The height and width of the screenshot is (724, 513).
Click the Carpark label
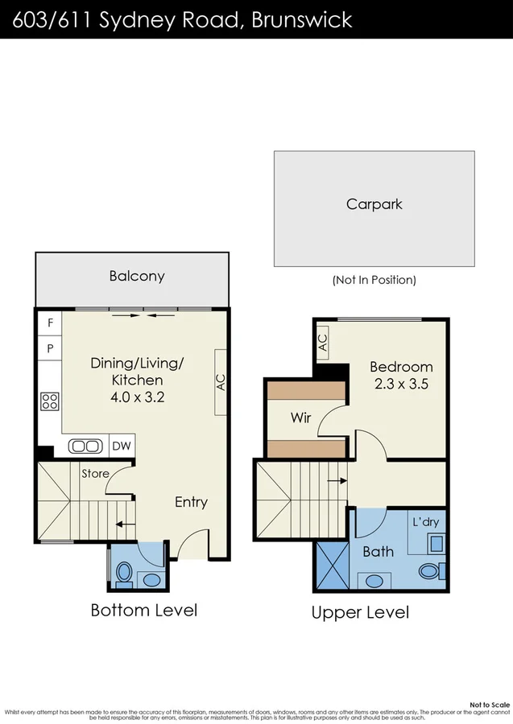click(374, 204)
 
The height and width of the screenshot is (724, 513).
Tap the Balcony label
click(137, 276)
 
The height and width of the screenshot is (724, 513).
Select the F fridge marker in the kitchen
click(50, 323)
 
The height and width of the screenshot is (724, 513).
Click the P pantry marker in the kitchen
click(50, 348)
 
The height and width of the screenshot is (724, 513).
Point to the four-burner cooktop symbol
click(50, 400)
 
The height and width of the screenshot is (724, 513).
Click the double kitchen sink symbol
click(85, 446)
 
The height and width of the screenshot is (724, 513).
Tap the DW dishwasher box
click(120, 446)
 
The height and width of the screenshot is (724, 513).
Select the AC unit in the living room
click(221, 382)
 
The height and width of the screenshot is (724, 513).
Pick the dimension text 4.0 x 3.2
click(138, 397)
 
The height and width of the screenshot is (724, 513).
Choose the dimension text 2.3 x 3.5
click(401, 384)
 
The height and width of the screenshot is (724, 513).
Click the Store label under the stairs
click(95, 474)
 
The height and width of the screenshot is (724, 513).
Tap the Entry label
click(191, 502)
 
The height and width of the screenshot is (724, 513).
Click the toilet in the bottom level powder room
click(124, 574)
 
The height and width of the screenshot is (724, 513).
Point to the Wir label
click(301, 418)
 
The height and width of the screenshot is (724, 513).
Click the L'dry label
click(425, 522)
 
